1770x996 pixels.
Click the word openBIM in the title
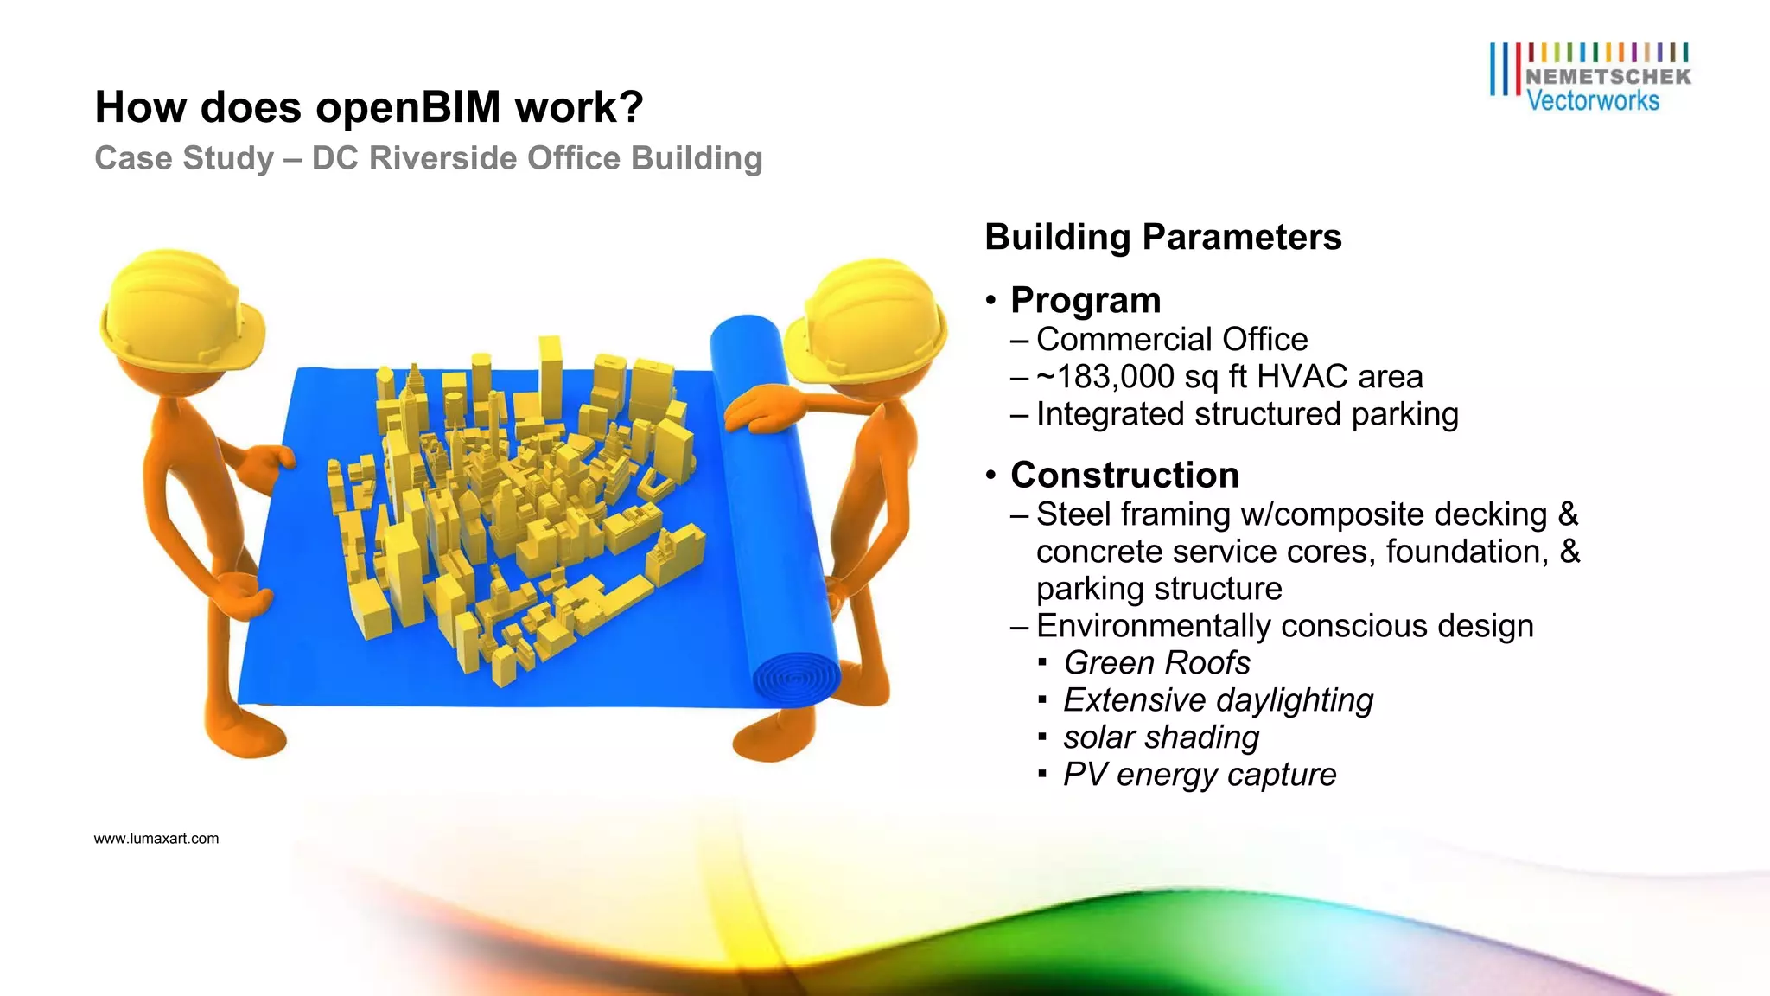408,108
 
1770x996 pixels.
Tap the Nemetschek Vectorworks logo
1590,78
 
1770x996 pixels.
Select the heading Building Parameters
1162,238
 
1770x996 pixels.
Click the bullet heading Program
1086,301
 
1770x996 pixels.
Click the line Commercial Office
1171,340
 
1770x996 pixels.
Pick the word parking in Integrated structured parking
1404,415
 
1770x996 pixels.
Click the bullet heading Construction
1124,476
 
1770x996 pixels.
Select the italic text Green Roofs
1156,663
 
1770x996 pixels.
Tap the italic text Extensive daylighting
1218,700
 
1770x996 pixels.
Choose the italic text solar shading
1161,737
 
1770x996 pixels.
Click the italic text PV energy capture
1199,775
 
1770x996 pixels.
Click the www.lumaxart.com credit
156,839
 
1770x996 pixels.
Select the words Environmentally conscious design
1284,626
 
